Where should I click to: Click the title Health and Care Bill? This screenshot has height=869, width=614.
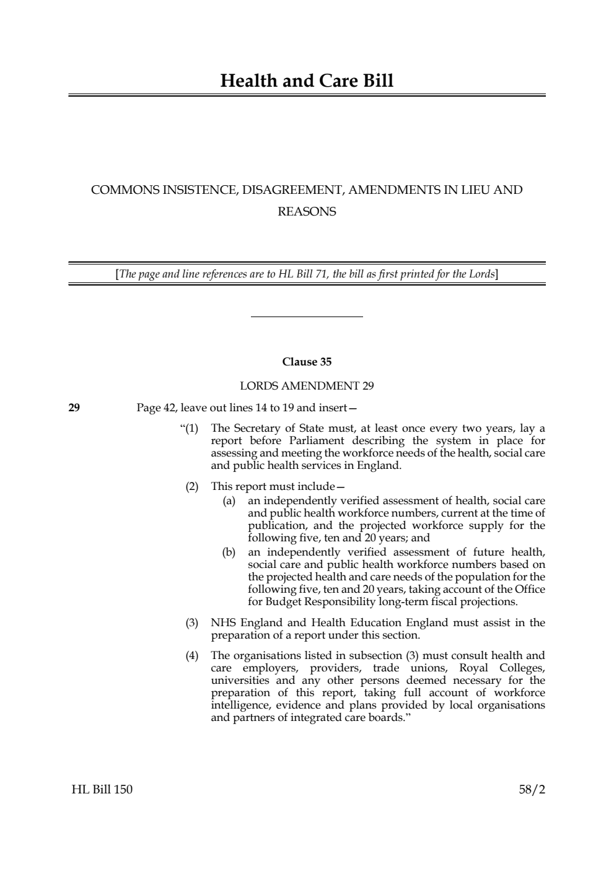307,81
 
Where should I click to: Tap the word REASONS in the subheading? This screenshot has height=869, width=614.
307,212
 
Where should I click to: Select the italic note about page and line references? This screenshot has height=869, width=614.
307,274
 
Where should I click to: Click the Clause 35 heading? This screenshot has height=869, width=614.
307,362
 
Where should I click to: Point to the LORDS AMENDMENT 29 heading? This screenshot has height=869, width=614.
307,386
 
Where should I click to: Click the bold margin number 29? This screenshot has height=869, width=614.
74,408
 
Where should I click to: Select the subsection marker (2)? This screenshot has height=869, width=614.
192,486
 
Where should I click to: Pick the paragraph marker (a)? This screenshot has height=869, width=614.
229,500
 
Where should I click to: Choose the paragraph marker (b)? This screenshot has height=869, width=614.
229,552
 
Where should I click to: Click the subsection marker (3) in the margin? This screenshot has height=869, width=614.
192,622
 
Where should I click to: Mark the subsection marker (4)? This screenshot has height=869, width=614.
192,655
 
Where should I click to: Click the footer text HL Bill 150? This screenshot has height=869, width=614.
102,790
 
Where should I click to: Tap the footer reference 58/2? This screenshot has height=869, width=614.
532,790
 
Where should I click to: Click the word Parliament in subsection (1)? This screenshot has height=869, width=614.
314,440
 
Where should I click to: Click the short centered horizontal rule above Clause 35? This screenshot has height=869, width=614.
307,317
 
